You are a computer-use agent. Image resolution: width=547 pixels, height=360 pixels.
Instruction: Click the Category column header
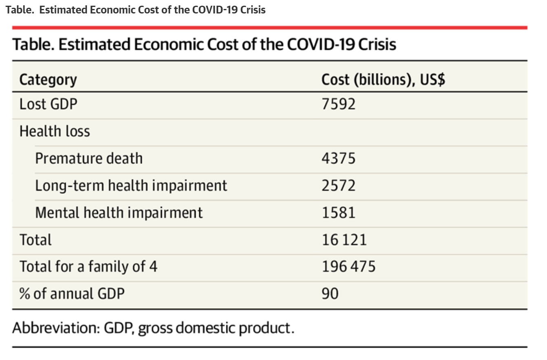tap(48, 80)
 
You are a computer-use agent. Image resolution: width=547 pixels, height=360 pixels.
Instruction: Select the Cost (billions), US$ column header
tap(383, 80)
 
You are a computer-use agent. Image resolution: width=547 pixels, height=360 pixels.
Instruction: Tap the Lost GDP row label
tap(48, 104)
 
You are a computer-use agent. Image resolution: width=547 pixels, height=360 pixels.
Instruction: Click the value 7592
tap(338, 104)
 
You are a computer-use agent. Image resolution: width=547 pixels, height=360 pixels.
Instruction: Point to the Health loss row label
tap(55, 131)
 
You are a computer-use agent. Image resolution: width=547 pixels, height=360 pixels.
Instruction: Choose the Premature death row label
tap(89, 158)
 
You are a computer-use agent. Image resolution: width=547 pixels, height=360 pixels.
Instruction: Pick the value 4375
tap(338, 158)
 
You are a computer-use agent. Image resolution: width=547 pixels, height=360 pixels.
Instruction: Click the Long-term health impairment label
tap(131, 186)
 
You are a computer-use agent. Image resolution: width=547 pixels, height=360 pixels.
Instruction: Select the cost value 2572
tap(338, 186)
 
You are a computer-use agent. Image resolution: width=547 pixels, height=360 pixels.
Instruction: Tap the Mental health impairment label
tap(119, 212)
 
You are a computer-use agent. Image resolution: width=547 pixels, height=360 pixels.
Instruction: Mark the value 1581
tap(338, 212)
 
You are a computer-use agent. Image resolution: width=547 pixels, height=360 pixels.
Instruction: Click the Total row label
tap(35, 240)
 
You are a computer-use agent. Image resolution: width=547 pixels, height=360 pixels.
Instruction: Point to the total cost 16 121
tap(344, 240)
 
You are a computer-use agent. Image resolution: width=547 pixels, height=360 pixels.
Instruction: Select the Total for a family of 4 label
tap(88, 267)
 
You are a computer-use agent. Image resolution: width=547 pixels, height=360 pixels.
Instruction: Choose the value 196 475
tap(348, 267)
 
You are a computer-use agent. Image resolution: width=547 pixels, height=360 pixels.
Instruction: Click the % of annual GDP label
tap(72, 294)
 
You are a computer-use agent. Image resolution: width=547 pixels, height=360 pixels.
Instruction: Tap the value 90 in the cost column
tap(330, 294)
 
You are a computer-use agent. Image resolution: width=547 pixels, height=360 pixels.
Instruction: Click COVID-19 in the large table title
tap(320, 44)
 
